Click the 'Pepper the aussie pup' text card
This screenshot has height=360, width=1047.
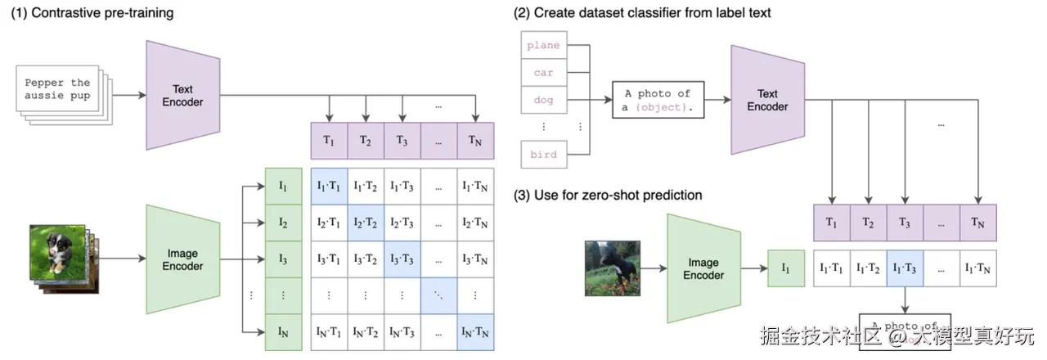[x=57, y=89]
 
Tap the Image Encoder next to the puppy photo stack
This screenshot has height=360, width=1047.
[x=182, y=259]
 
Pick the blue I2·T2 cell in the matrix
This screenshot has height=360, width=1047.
[x=366, y=223]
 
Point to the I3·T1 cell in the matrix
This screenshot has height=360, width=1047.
[x=330, y=259]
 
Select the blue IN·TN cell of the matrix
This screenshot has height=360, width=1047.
[x=476, y=332]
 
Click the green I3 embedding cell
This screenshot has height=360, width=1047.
[x=283, y=259]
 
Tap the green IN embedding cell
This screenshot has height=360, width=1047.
[x=283, y=332]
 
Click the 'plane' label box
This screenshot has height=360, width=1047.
[x=543, y=46]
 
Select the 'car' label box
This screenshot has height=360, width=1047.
[x=543, y=73]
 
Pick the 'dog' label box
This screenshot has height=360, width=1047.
[x=543, y=100]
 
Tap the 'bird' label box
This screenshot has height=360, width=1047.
[x=543, y=154]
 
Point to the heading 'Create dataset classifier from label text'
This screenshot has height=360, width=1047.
[x=642, y=12]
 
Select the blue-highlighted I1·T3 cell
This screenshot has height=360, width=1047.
[x=905, y=268]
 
